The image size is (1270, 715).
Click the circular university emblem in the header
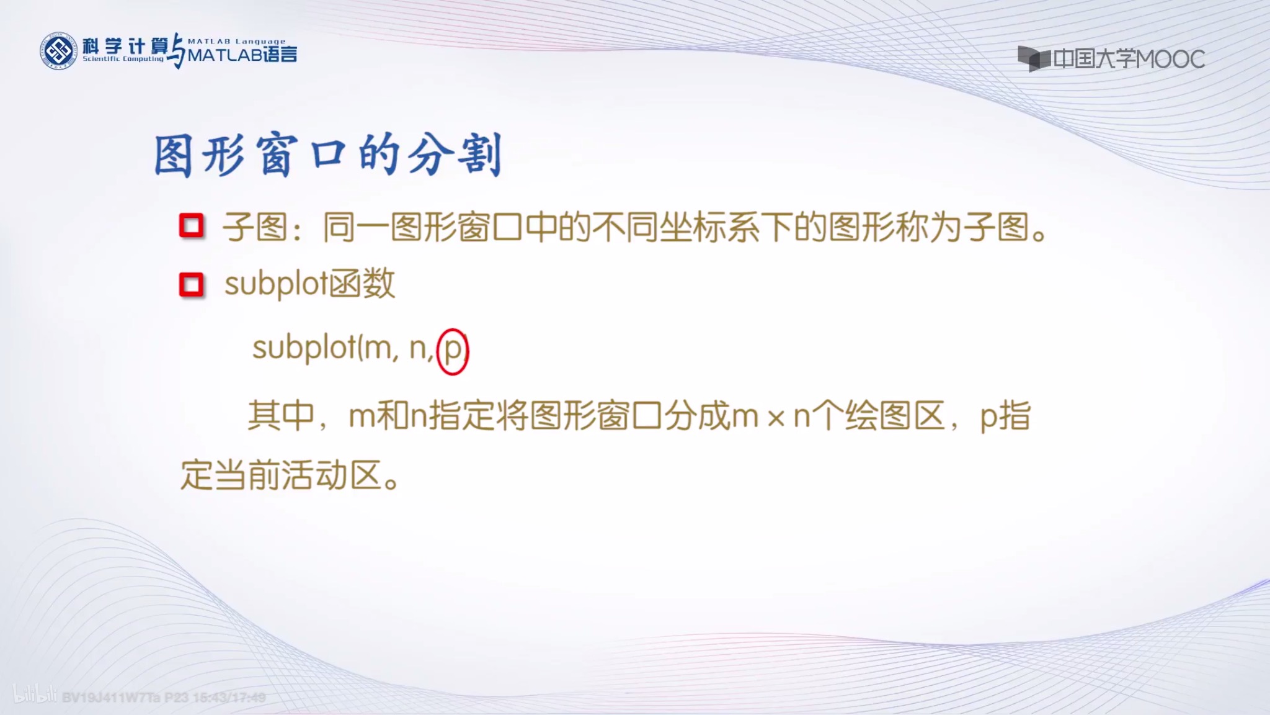[x=59, y=51]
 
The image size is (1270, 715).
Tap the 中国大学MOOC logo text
[x=1128, y=60]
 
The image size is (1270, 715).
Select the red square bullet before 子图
[x=192, y=226]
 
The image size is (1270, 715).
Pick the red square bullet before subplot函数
[x=192, y=285]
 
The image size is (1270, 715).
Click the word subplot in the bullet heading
[x=275, y=284]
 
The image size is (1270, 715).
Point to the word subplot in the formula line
[x=304, y=348]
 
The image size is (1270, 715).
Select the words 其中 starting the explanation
[x=281, y=415]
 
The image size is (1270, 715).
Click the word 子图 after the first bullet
[x=255, y=227]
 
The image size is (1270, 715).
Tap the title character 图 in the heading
[x=173, y=156]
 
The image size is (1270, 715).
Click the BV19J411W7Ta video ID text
[x=111, y=698]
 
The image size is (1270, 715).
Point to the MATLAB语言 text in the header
[x=242, y=55]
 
